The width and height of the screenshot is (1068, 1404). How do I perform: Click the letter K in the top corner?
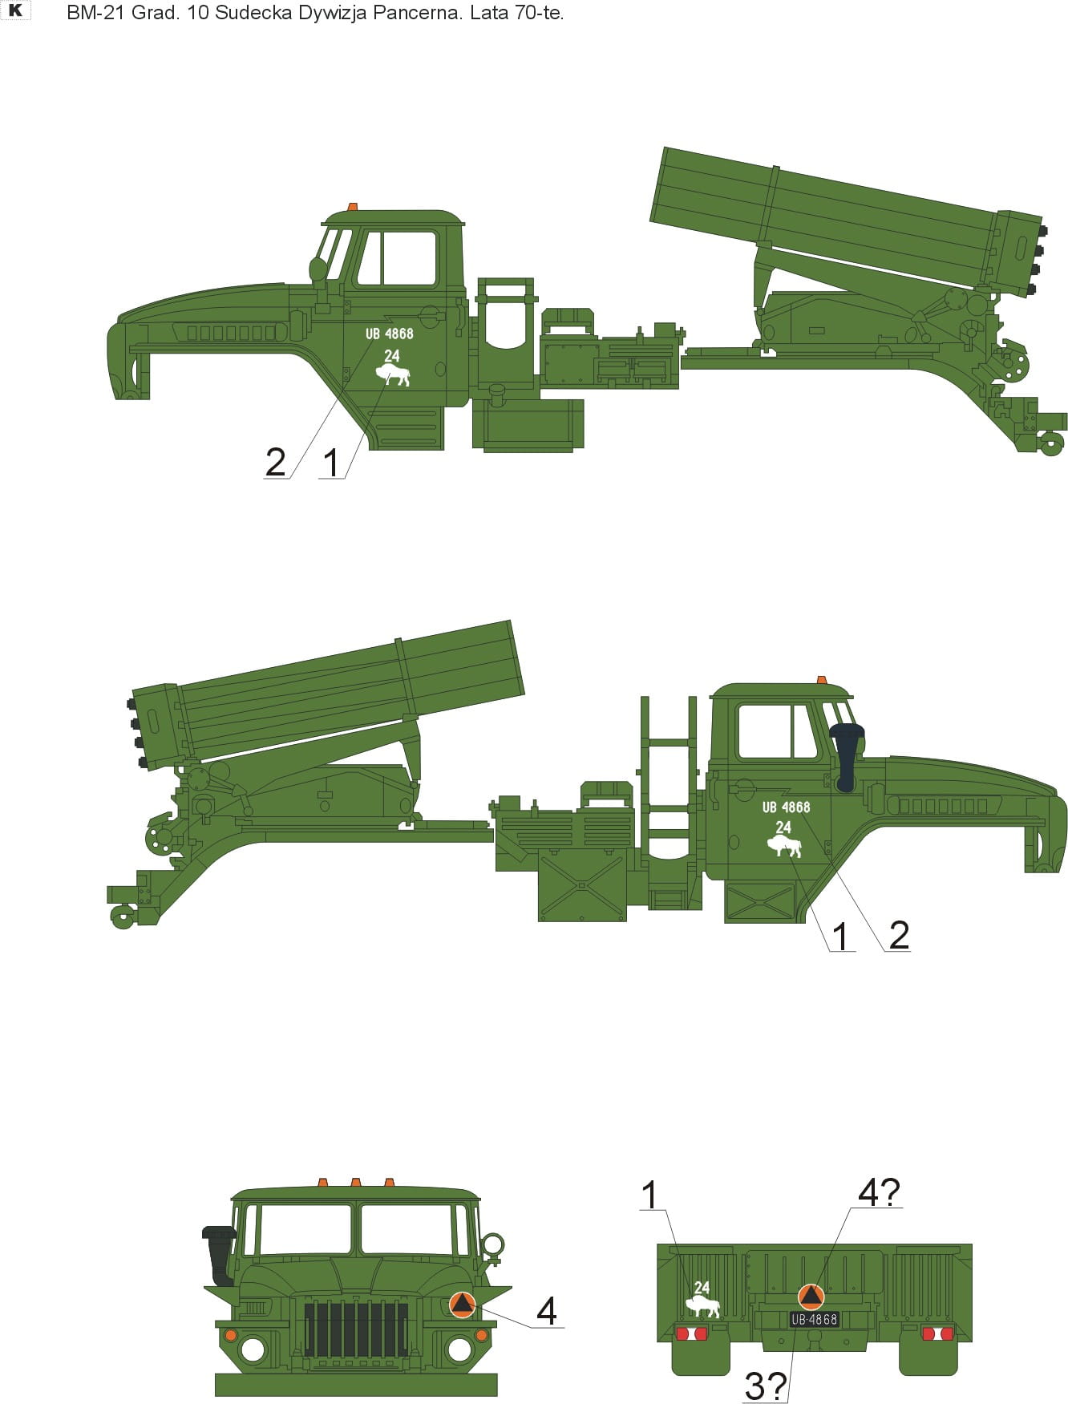(x=15, y=10)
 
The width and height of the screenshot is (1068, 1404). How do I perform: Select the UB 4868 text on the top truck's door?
(x=390, y=334)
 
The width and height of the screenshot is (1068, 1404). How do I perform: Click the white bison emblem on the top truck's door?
(x=393, y=375)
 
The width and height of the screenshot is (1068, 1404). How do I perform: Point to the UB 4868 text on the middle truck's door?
(x=786, y=807)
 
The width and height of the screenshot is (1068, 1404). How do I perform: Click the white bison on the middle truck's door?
(x=784, y=846)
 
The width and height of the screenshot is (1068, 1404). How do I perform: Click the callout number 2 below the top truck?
(x=275, y=463)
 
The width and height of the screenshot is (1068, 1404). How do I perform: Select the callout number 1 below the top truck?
(x=331, y=463)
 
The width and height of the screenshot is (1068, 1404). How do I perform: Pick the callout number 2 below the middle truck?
(x=899, y=936)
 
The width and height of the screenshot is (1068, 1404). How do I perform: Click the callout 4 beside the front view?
(x=546, y=1311)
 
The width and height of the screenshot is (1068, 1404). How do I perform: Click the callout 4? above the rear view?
(x=880, y=1192)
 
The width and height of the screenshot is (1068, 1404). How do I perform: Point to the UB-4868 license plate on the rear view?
(x=814, y=1319)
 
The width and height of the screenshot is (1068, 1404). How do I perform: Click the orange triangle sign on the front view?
(x=462, y=1305)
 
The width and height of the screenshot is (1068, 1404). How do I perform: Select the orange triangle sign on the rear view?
(x=811, y=1297)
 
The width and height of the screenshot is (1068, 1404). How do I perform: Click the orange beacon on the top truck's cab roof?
(x=352, y=207)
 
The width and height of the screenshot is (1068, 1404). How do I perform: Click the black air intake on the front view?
(x=218, y=1256)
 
